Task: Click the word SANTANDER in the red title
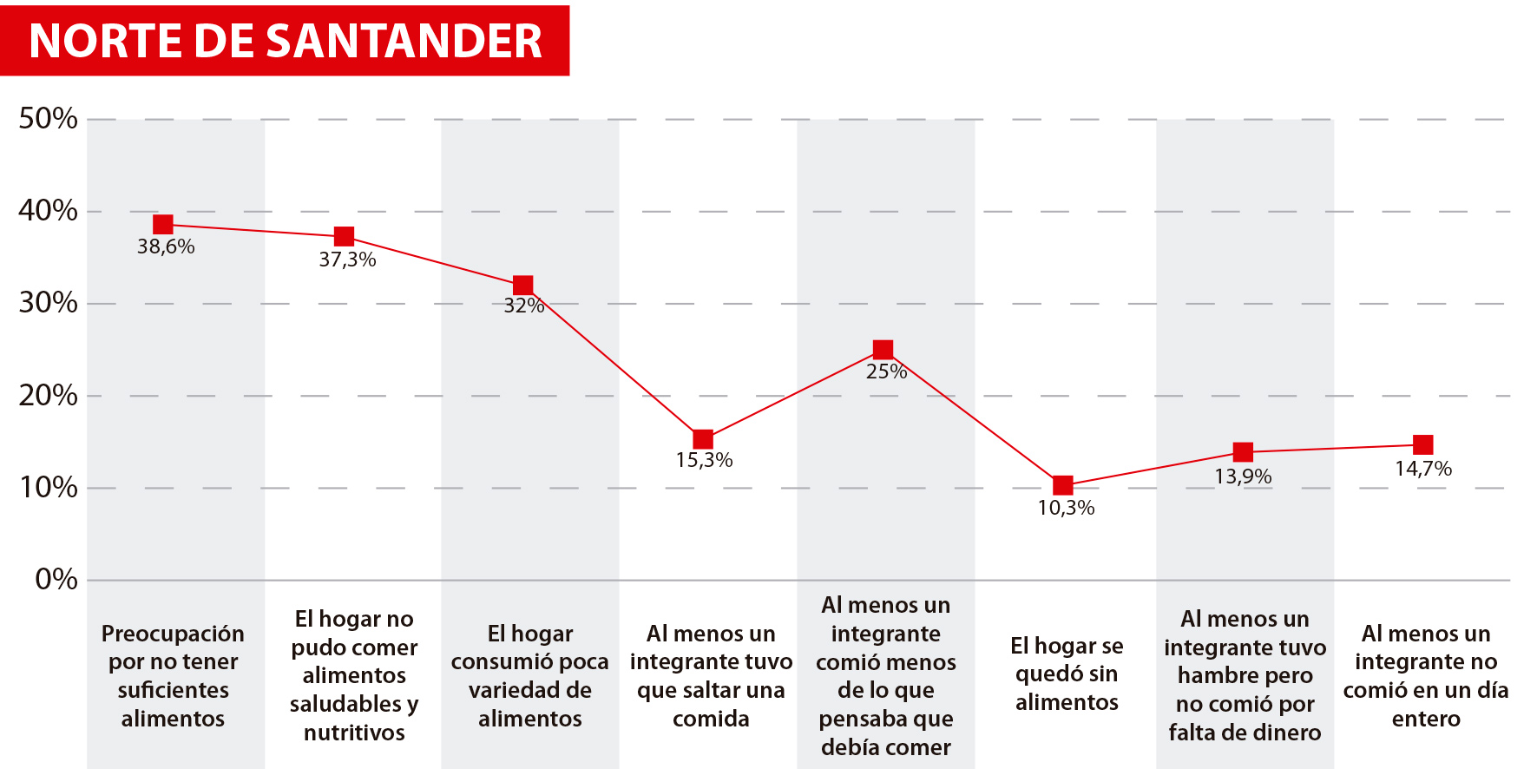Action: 404,41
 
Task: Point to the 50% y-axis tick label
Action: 48,119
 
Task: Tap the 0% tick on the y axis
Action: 56,580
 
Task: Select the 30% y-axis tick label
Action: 48,303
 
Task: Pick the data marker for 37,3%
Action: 344,236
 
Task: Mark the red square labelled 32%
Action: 522,286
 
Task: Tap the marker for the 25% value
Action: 883,350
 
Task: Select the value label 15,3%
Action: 704,460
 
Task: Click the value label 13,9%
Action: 1243,477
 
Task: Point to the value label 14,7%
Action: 1423,469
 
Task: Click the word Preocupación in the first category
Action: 173,634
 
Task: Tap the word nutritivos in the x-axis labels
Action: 354,733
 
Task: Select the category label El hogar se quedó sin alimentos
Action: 1067,674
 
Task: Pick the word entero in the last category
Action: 1426,719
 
